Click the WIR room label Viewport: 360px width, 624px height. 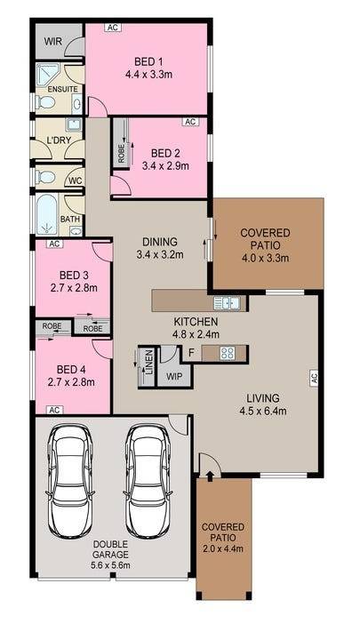53,41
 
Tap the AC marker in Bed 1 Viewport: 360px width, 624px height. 113,28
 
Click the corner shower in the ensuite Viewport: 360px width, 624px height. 47,74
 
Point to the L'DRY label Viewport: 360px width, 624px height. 59,140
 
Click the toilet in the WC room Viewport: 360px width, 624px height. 44,177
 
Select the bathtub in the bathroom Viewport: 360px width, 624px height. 47,214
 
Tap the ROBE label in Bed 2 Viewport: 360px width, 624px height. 121,154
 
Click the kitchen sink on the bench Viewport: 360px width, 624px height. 227,303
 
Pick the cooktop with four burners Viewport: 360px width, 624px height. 228,353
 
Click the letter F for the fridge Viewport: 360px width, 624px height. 192,353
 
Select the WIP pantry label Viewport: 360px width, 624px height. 174,376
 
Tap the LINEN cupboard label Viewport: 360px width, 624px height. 148,362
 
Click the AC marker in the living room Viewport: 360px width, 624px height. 313,376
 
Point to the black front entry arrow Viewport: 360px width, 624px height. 210,474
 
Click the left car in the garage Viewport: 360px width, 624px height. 69,482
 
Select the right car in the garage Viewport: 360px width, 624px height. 148,482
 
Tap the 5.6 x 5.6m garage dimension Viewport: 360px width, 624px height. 110,565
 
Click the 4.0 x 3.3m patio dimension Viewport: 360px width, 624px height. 265,258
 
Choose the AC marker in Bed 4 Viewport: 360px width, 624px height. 54,410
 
